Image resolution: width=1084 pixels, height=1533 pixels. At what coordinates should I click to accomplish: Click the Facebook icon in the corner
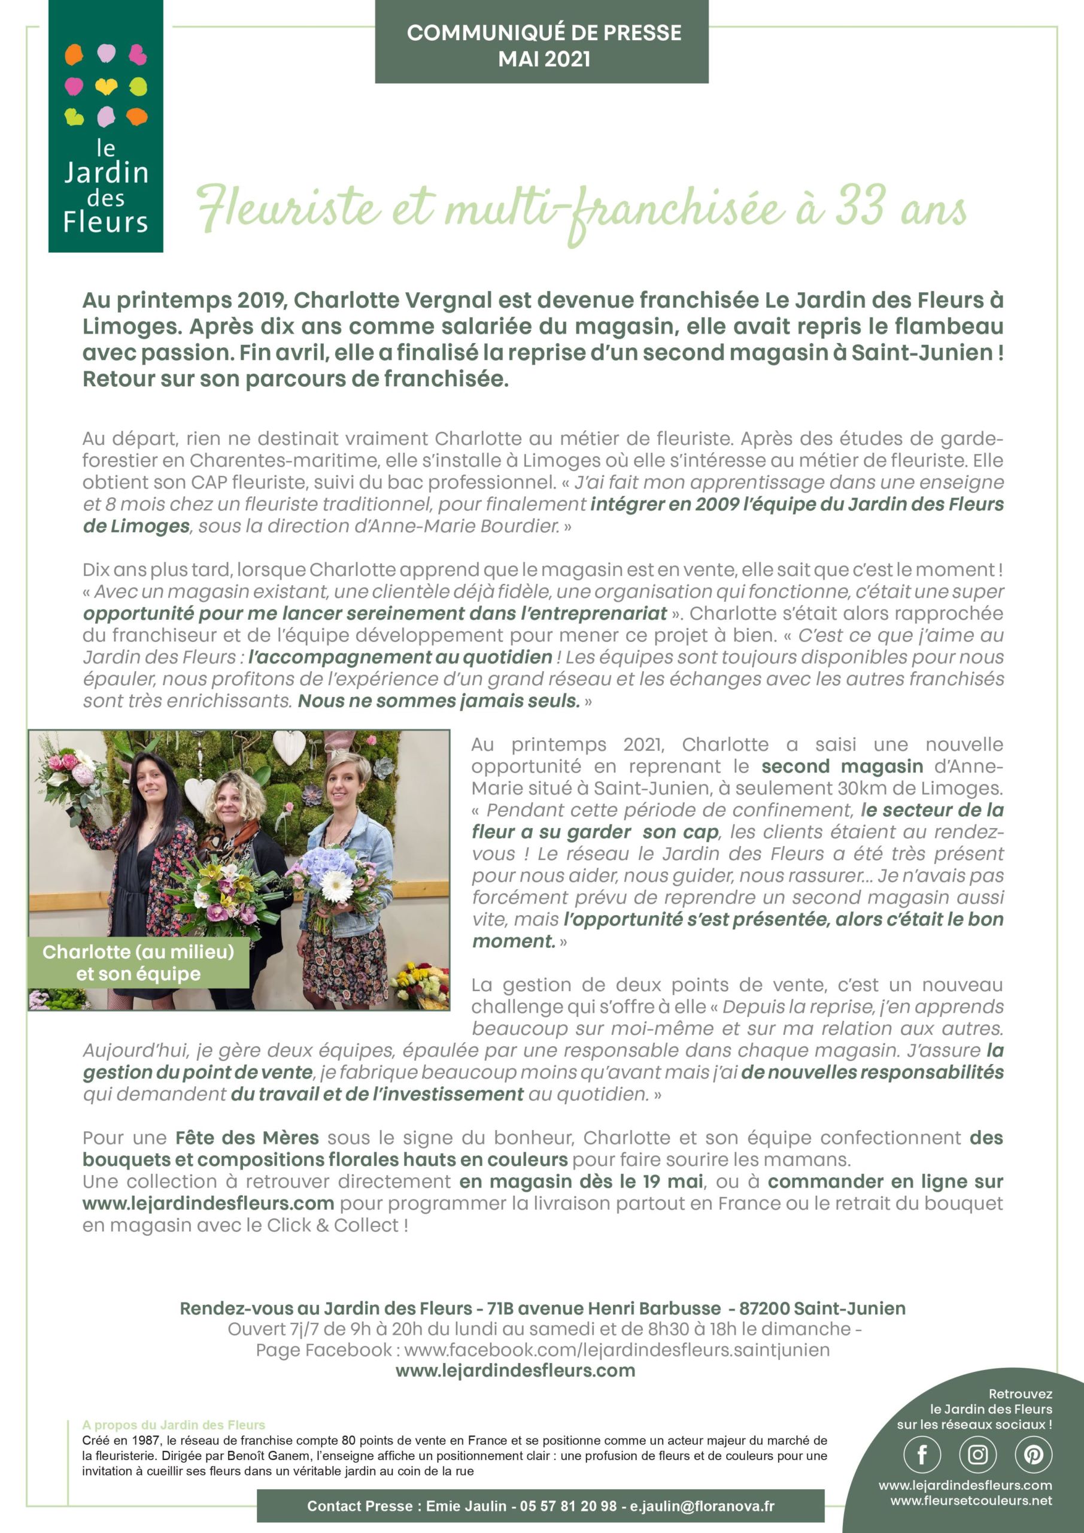pos(922,1454)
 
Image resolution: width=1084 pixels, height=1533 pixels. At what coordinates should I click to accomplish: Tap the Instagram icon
pos(977,1454)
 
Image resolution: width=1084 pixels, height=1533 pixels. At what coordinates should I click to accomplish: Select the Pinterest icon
pos(1033,1454)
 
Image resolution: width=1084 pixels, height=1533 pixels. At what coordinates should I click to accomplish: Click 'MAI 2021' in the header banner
pos(544,59)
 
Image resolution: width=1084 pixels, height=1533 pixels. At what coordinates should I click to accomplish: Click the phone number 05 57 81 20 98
pos(568,1506)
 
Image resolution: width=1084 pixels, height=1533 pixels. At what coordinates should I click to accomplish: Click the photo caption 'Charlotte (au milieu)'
pos(138,952)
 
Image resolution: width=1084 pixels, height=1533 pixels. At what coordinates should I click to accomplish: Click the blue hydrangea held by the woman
pos(327,861)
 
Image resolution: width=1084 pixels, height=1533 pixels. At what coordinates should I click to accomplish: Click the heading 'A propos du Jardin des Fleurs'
pos(174,1425)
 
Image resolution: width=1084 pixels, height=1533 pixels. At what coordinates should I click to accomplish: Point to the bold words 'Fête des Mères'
pos(247,1138)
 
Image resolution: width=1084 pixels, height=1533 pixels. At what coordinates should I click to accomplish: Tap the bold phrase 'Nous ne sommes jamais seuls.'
pos(439,701)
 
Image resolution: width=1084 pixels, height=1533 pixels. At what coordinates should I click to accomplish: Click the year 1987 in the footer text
pos(146,1440)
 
